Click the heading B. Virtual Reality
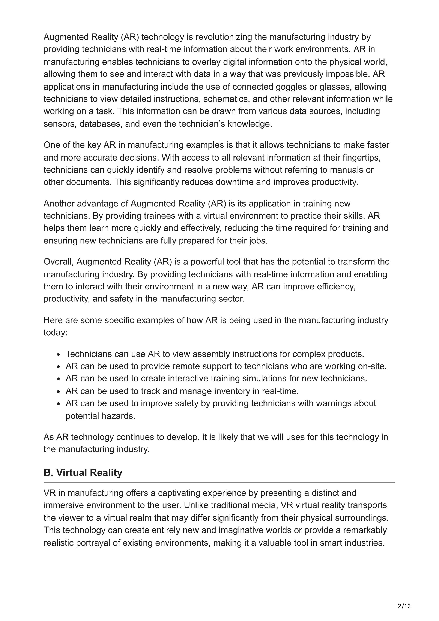click(x=83, y=472)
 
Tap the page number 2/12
click(x=404, y=599)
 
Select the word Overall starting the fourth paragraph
click(x=59, y=262)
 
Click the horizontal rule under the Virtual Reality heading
click(x=219, y=482)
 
